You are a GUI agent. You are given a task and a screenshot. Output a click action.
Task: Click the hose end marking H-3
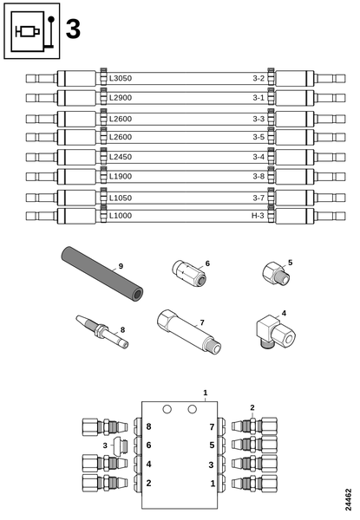click(x=258, y=215)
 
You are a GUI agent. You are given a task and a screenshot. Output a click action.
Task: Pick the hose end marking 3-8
click(x=258, y=177)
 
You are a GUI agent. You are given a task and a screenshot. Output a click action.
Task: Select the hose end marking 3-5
click(x=258, y=137)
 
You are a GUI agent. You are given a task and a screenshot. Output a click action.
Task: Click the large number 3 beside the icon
click(x=73, y=30)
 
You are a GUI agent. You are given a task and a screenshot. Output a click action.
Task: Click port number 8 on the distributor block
click(x=149, y=427)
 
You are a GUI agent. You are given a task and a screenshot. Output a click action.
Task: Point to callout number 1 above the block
click(x=206, y=393)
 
